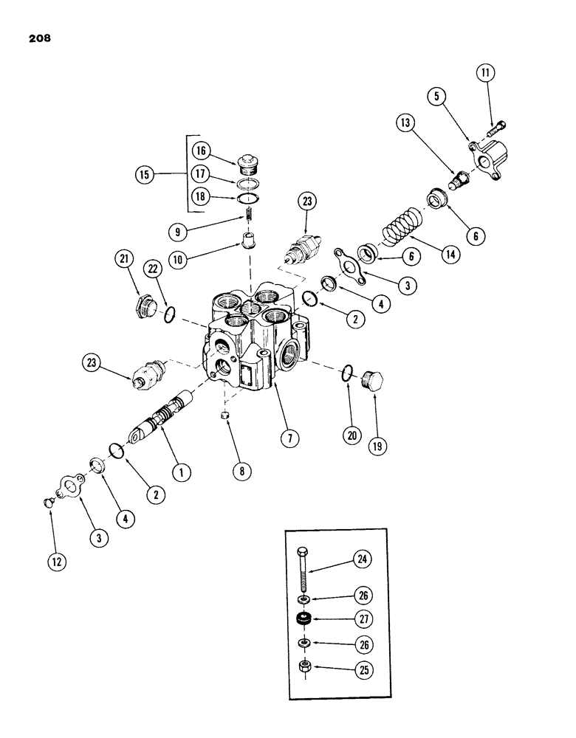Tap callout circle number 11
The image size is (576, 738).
(486, 73)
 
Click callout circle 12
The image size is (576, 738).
(58, 561)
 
